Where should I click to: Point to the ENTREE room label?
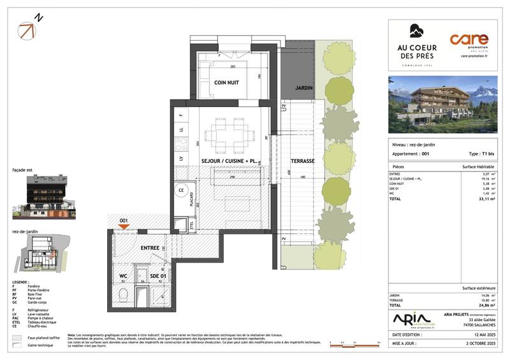pyautogui.click(x=150, y=247)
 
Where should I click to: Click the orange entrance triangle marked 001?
pyautogui.click(x=124, y=226)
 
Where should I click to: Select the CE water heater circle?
pyautogui.click(x=180, y=190)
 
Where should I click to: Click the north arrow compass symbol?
pyautogui.click(x=28, y=29)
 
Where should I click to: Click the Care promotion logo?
pyautogui.click(x=469, y=44)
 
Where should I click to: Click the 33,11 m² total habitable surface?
pyautogui.click(x=487, y=199)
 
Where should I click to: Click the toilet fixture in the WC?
pyautogui.click(x=123, y=294)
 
